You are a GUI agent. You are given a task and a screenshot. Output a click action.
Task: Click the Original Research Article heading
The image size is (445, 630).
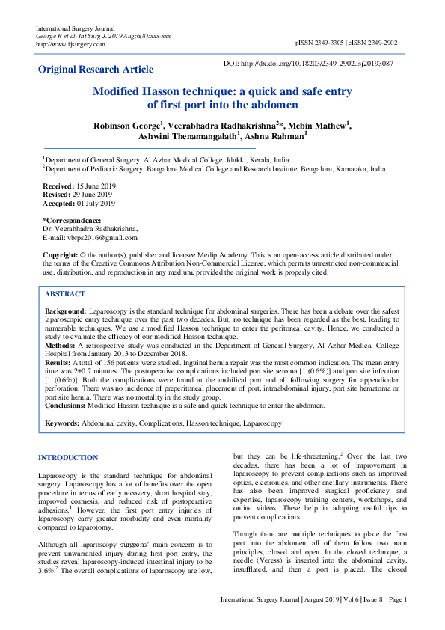(96, 70)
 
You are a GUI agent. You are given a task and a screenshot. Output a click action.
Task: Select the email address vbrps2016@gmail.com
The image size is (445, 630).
(102, 238)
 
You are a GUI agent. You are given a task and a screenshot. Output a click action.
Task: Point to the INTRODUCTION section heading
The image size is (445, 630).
(68, 457)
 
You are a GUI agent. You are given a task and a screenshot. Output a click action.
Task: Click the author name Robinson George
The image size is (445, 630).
(126, 124)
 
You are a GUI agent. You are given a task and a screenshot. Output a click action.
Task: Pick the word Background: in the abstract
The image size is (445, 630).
(65, 310)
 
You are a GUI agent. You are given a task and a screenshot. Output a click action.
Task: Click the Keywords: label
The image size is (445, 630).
(62, 423)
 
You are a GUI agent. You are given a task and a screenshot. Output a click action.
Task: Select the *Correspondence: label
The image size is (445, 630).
(72, 220)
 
